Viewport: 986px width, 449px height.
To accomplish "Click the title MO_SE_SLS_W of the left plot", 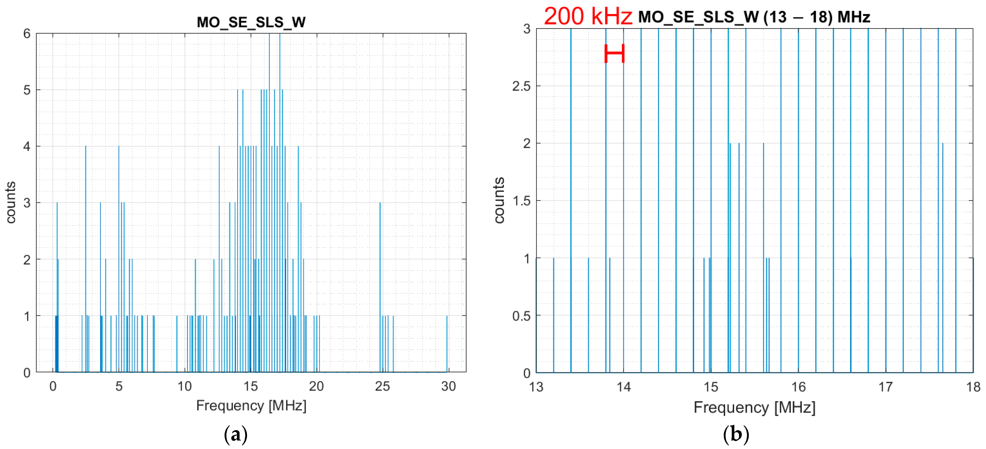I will pyautogui.click(x=251, y=22).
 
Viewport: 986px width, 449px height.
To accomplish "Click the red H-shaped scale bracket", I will pyautogui.click(x=614, y=54).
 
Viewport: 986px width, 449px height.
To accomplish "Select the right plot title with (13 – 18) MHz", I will pyautogui.click(x=754, y=17).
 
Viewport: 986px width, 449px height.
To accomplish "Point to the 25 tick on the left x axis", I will pyautogui.click(x=382, y=386).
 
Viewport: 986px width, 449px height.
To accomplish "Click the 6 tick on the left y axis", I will pyautogui.click(x=27, y=34).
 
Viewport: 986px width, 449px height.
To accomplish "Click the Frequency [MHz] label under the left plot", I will pyautogui.click(x=251, y=405).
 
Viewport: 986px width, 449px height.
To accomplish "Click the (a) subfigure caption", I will pyautogui.click(x=235, y=435).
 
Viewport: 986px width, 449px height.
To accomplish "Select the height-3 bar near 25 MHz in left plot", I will pyautogui.click(x=380, y=287).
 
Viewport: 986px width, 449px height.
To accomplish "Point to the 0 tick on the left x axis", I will pyautogui.click(x=53, y=386).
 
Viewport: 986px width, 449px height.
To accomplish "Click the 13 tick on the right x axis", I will pyautogui.click(x=536, y=387).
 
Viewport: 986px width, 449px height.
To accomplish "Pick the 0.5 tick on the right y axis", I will pyautogui.click(x=522, y=316).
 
